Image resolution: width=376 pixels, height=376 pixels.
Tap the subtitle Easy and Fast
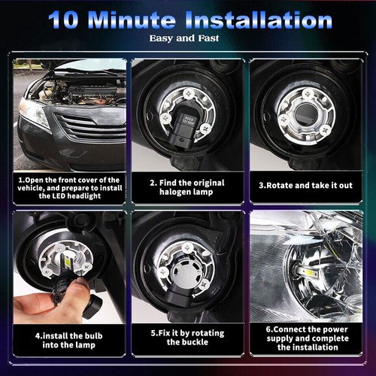click(187, 38)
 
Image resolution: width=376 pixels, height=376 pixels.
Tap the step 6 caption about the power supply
click(306, 339)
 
